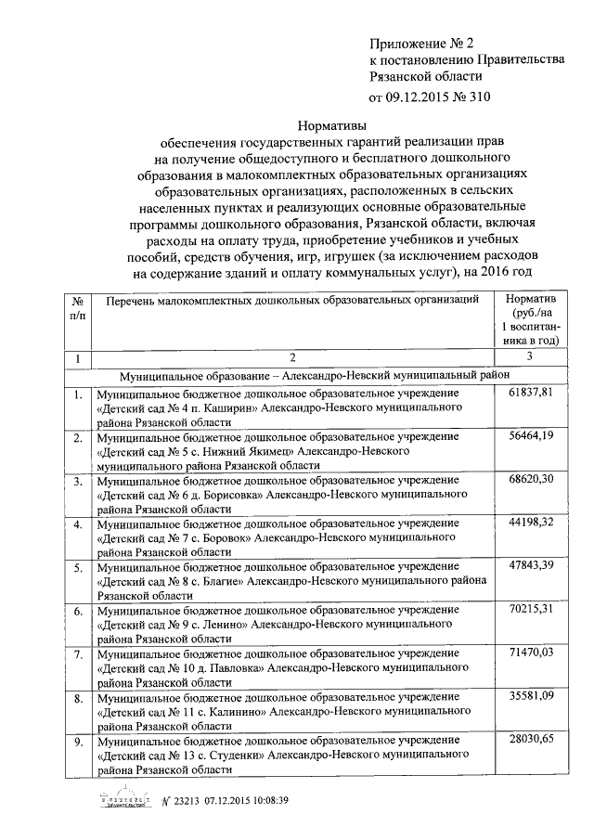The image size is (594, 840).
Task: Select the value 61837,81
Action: [531, 394]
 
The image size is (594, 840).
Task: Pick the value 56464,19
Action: [531, 436]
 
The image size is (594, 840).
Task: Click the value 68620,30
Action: [531, 480]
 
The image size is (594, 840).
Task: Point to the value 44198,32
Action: [531, 523]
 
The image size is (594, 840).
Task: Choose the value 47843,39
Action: [531, 567]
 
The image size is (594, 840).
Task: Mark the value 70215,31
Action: [531, 610]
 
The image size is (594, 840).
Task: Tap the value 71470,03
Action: [531, 653]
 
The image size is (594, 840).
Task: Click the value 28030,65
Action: [531, 740]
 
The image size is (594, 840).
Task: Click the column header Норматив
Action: [530, 301]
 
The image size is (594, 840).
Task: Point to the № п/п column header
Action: [78, 308]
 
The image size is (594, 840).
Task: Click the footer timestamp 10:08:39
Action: [267, 801]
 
